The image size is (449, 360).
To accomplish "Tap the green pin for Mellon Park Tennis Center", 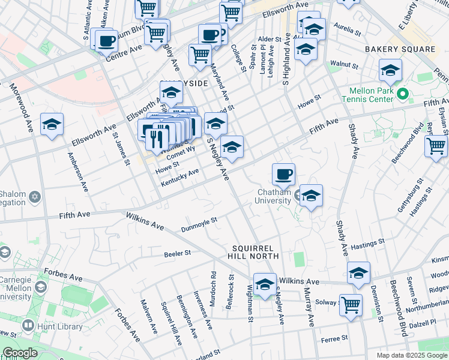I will [x=402, y=94].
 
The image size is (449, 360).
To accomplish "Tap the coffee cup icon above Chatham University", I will [x=283, y=174].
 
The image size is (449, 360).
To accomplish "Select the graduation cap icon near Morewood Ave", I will [x=52, y=125].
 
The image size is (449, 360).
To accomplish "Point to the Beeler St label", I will [x=177, y=253].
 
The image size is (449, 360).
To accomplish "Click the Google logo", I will [x=20, y=353].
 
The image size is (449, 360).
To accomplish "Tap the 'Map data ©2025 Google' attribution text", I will [x=412, y=355].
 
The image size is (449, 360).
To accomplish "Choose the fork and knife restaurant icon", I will [x=157, y=139].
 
